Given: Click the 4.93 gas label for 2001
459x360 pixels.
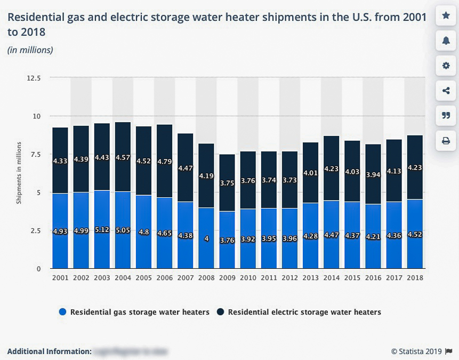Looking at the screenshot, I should (60, 231).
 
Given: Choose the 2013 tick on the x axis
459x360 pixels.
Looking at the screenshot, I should (311, 278).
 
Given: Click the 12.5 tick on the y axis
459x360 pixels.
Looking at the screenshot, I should (34, 78).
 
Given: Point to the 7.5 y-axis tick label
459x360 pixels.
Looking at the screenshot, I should (35, 154).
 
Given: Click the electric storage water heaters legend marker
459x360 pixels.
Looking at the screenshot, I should (221, 312).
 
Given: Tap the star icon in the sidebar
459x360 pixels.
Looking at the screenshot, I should (446, 16).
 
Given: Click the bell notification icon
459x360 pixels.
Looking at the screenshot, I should (446, 41).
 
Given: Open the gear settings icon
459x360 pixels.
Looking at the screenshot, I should (446, 66).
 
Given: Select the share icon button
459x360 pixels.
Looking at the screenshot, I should (446, 91).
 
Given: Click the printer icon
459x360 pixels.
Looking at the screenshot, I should (446, 141).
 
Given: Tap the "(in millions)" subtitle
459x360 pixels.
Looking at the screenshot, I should (30, 50).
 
